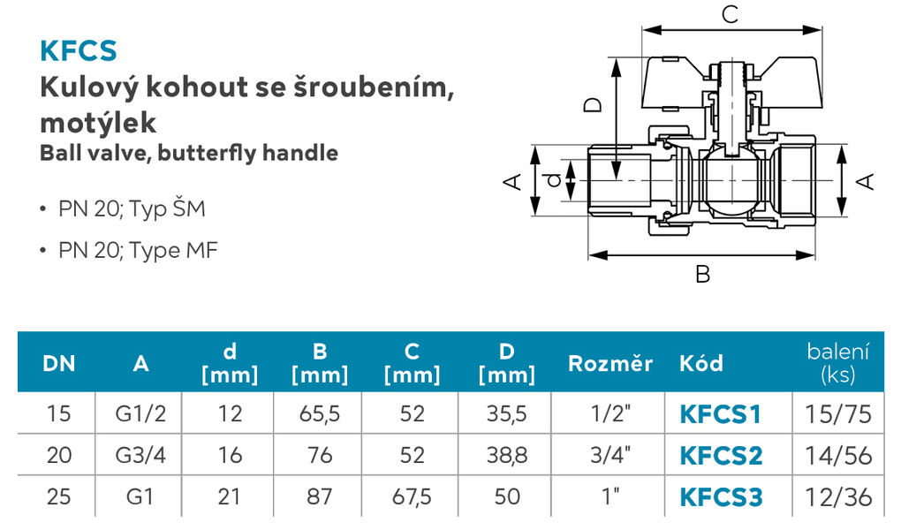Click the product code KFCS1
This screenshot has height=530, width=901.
(720, 414)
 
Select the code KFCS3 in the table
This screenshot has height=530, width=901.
(721, 497)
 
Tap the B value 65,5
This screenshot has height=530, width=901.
(320, 414)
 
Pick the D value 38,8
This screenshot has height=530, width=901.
(507, 455)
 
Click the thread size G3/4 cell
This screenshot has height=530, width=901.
(140, 455)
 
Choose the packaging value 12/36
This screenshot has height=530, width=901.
(838, 497)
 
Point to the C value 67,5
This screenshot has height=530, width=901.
(412, 497)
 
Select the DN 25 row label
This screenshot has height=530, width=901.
(58, 497)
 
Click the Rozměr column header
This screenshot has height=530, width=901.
(610, 363)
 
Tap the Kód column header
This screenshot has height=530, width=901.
(701, 363)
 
